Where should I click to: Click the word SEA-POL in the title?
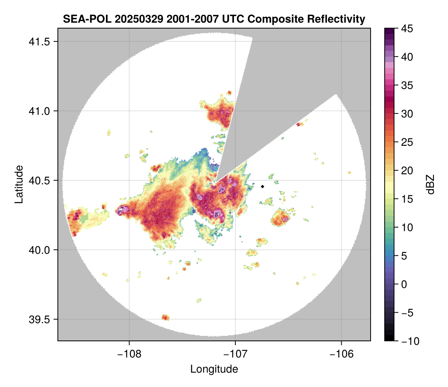tap(81, 19)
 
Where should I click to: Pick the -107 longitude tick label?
tap(235, 354)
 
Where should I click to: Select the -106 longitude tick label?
tap(342, 354)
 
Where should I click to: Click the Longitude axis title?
tap(214, 369)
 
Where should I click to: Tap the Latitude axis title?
tap(18, 184)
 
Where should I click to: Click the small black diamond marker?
tap(263, 186)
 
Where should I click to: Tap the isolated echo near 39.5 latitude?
tap(165, 317)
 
